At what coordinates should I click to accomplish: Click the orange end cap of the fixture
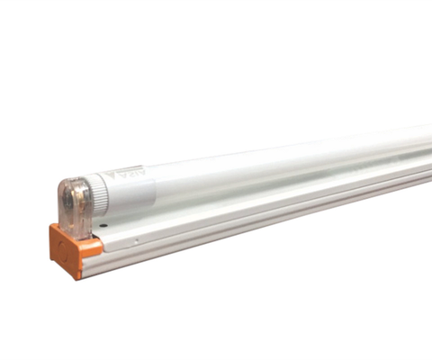click(x=67, y=250)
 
